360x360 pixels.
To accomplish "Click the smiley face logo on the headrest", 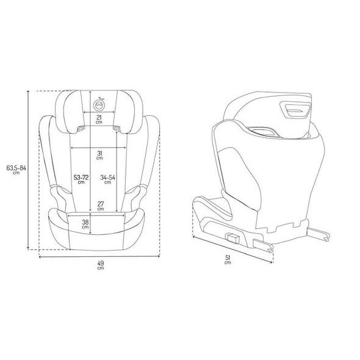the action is coord(99,104).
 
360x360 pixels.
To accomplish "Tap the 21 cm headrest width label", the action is coord(99,120).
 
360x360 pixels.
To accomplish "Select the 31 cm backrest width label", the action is coord(99,155).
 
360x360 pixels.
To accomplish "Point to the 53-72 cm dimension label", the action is coord(81,179).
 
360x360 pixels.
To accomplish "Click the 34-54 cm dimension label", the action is coord(107,179).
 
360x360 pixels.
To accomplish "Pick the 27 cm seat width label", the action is coord(101,206).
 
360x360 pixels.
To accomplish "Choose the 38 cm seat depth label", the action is coord(85,224).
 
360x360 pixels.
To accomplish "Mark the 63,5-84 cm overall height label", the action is coord(16,170).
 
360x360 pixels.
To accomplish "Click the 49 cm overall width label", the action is coord(101,265).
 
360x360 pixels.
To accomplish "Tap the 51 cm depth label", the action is coord(228,260).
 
